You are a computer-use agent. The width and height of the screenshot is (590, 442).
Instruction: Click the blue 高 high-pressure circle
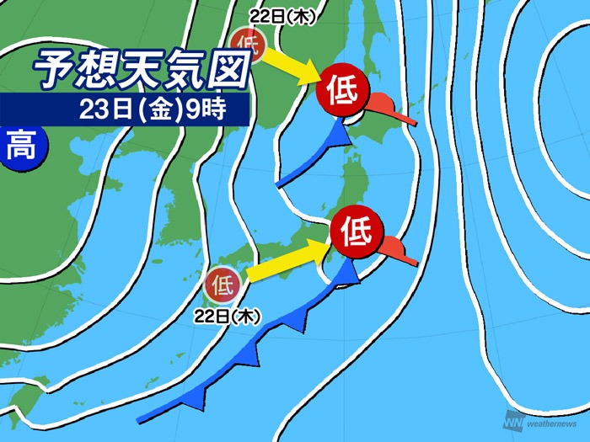coord(21,149)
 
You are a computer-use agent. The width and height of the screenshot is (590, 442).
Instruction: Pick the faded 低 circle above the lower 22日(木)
coord(223,284)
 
